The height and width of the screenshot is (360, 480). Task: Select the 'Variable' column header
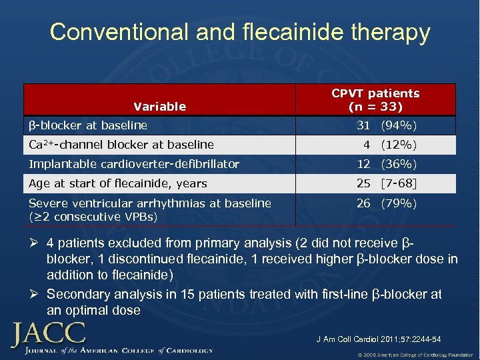pyautogui.click(x=159, y=106)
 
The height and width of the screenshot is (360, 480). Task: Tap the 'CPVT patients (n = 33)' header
pyautogui.click(x=375, y=99)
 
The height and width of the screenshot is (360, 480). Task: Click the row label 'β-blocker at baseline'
pyautogui.click(x=88, y=125)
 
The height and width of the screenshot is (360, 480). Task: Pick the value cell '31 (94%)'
pyautogui.click(x=387, y=125)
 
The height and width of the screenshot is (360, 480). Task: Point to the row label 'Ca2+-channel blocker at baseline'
pyautogui.click(x=121, y=145)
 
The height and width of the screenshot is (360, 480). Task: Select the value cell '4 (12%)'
pyautogui.click(x=390, y=145)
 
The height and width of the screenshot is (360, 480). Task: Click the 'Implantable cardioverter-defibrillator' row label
pyautogui.click(x=134, y=164)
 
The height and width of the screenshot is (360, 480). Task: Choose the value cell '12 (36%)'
pyautogui.click(x=387, y=164)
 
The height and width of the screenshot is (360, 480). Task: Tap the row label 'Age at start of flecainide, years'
pyautogui.click(x=118, y=183)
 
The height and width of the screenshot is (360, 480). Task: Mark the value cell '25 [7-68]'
pyautogui.click(x=387, y=183)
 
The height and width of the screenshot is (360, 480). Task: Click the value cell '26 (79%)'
pyautogui.click(x=387, y=203)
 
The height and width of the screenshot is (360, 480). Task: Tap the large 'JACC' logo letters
pyautogui.click(x=47, y=333)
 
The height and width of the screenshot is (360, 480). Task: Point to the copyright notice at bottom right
pyautogui.click(x=415, y=353)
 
